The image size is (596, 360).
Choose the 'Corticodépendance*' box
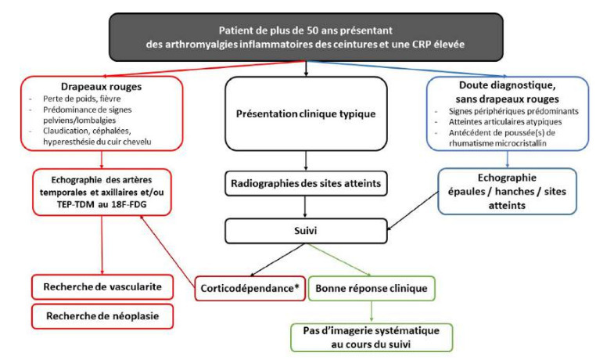pyautogui.click(x=244, y=288)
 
